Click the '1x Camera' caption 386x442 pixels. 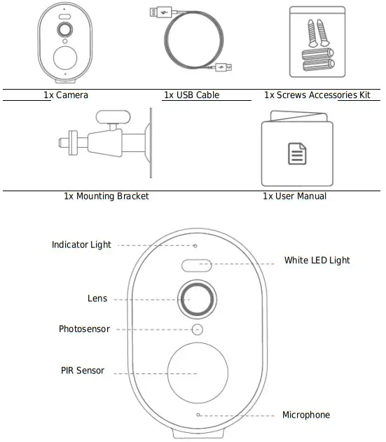pos(66,95)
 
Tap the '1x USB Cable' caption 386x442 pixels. pos(191,95)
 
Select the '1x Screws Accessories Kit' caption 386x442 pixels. pos(317,95)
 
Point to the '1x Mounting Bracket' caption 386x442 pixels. pos(106,196)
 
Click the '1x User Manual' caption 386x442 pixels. pos(294,196)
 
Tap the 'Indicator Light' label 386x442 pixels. pos(81,245)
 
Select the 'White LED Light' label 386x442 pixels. pos(317,261)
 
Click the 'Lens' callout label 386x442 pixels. pos(97,298)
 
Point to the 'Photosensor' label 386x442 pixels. pos(84,329)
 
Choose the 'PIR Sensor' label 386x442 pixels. pos(83,371)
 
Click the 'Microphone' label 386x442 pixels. pos(305,415)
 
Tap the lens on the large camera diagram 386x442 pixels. pos(197,298)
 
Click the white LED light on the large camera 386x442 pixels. pos(197,265)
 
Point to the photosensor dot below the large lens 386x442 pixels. pos(198,329)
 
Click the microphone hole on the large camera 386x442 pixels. pos(198,415)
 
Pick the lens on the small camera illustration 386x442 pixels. pos(64,30)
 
